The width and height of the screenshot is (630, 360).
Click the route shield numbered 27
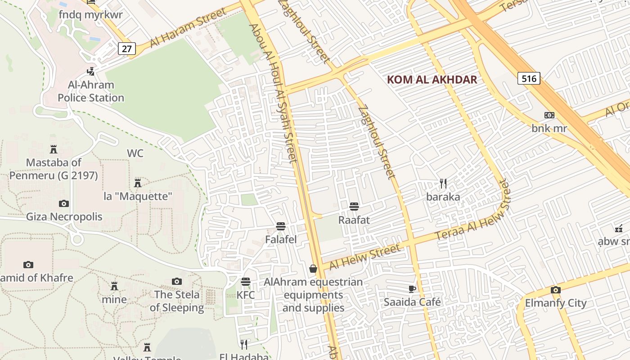click(127, 49)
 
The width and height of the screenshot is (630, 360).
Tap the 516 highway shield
click(529, 79)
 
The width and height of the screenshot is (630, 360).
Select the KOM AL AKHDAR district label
click(432, 80)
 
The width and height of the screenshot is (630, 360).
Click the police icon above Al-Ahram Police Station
click(91, 71)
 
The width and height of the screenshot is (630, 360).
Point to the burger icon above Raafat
click(354, 207)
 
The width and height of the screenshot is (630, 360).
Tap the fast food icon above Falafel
click(281, 226)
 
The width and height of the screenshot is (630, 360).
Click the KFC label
click(246, 295)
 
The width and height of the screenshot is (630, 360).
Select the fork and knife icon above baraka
click(443, 183)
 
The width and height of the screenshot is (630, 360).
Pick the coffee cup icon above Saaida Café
click(412, 288)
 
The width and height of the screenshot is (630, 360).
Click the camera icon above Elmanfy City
click(556, 290)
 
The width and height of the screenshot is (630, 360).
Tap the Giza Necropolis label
click(64, 217)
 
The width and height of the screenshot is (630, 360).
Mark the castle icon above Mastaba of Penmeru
click(54, 149)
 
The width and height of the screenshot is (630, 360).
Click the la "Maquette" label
click(138, 197)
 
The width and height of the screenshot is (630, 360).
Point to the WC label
click(135, 153)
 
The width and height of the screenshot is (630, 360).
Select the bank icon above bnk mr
click(549, 115)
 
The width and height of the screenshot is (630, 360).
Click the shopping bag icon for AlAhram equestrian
click(313, 269)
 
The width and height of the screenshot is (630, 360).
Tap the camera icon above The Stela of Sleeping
click(177, 281)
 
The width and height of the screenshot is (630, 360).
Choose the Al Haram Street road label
click(188, 28)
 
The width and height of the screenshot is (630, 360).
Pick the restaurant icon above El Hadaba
click(244, 344)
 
